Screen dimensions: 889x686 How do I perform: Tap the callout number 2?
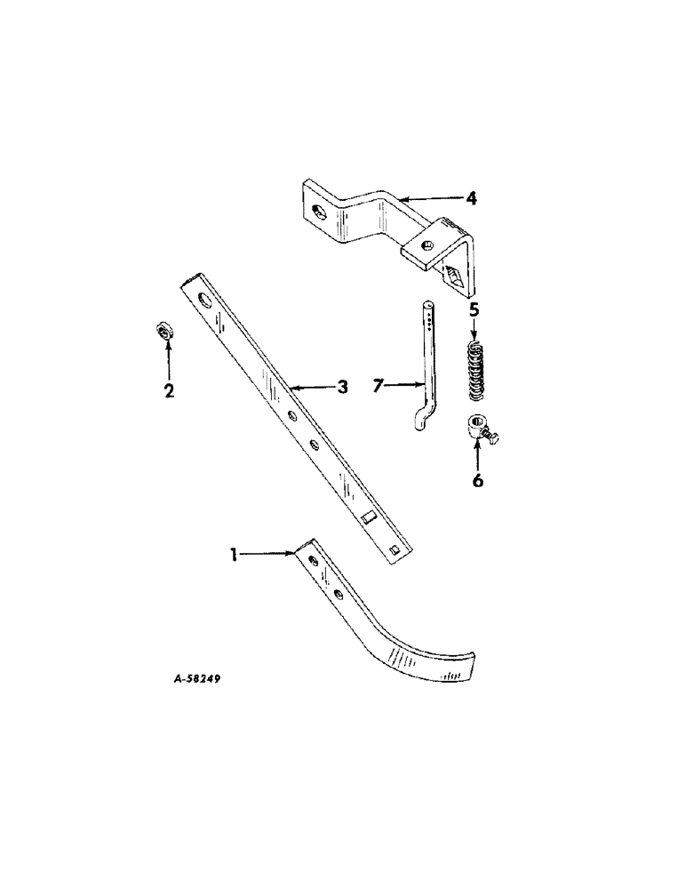pyautogui.click(x=168, y=389)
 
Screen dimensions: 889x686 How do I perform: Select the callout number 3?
pyautogui.click(x=341, y=387)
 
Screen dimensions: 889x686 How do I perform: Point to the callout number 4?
pyautogui.click(x=472, y=198)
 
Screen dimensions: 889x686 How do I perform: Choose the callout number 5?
pyautogui.click(x=474, y=310)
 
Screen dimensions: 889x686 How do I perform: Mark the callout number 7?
pyautogui.click(x=379, y=386)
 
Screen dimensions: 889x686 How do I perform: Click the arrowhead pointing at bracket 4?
pyautogui.click(x=404, y=196)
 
